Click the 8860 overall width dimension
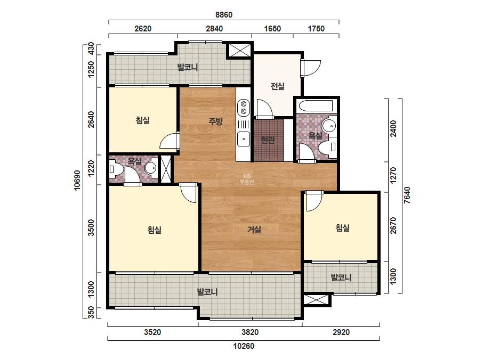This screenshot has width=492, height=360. point(224,15)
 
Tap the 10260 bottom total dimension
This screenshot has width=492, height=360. point(244,346)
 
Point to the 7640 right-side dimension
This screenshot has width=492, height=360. point(407,195)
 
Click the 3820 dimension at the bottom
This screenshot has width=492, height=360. point(250,332)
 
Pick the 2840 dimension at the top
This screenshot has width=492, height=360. point(214,29)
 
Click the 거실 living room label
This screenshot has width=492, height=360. point(254,230)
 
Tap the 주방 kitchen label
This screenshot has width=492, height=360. point(216,121)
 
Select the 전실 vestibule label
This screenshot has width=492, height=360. point(278,86)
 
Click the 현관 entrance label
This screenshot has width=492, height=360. point(268,140)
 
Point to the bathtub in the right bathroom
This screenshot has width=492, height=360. point(316,105)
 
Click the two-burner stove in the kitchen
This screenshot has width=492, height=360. point(244,108)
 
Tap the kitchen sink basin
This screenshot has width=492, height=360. point(244,139)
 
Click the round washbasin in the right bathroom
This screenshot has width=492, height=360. point(329,126)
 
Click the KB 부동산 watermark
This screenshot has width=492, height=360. point(246,179)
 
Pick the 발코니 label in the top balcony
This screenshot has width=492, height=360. point(188,67)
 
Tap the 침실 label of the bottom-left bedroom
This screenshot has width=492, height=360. point(155,230)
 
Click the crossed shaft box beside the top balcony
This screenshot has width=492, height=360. point(239,50)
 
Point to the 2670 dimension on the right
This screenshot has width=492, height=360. point(393,225)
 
